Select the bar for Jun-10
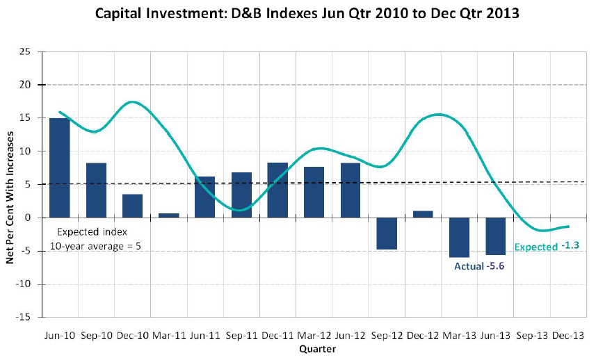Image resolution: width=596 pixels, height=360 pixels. click(x=60, y=167)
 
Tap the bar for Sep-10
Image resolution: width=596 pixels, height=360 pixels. click(x=96, y=190)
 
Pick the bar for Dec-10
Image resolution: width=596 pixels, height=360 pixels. click(x=132, y=206)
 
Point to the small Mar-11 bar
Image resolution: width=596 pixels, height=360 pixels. click(x=168, y=215)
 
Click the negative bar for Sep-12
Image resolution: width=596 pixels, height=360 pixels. click(x=387, y=233)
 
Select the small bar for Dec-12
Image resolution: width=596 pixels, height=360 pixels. click(x=423, y=214)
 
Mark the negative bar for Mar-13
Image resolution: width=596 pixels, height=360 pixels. click(x=459, y=237)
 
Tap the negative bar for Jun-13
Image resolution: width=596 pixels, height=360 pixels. click(x=495, y=236)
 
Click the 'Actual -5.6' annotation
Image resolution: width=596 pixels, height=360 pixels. click(x=478, y=265)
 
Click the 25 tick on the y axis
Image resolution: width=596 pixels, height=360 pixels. click(x=26, y=51)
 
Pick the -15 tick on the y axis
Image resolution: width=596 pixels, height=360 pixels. click(x=24, y=317)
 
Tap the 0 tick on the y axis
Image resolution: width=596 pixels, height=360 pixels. click(x=29, y=218)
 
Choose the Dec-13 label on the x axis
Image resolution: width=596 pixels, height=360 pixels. click(x=567, y=336)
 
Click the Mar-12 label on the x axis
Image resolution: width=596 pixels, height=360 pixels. click(x=314, y=336)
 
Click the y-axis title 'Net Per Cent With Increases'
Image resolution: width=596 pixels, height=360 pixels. click(x=10, y=184)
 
